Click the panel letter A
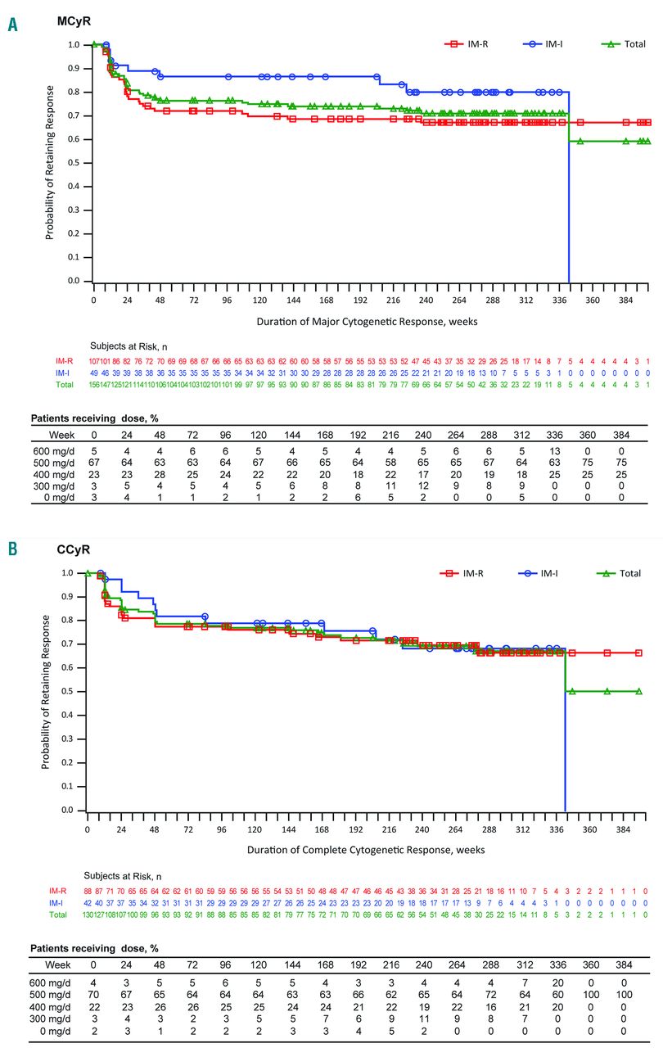[11, 25]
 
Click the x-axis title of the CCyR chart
[366, 850]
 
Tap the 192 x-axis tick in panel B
[356, 829]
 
